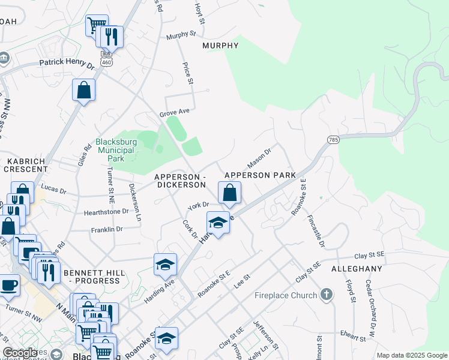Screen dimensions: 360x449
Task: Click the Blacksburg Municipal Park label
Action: (110, 151)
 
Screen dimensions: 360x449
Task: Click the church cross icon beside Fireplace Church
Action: (326, 294)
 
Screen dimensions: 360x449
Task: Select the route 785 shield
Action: (333, 139)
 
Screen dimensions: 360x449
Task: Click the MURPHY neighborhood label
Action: (220, 46)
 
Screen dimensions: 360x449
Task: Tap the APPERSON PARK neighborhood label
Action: (260, 175)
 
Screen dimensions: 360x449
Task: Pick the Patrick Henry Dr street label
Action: (67, 63)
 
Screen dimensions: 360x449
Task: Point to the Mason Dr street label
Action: (260, 159)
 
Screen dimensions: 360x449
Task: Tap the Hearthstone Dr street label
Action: (106, 211)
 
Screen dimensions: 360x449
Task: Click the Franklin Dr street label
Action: (106, 229)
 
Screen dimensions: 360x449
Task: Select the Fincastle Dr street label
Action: (315, 232)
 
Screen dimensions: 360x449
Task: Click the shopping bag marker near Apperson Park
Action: (229, 193)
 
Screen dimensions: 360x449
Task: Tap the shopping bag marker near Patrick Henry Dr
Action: (84, 91)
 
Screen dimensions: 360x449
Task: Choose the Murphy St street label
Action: (182, 36)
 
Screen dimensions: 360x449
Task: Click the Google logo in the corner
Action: (20, 353)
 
